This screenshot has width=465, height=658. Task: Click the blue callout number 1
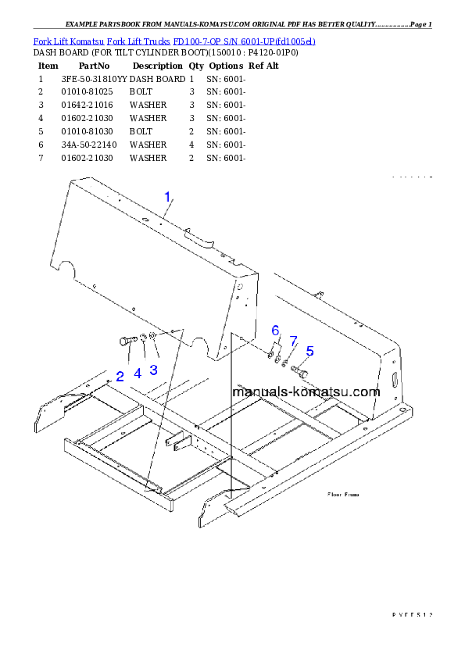pos(166,198)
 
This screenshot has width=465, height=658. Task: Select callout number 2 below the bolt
pos(120,376)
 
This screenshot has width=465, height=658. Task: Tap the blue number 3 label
pos(153,370)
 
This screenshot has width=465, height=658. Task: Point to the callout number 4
pos(138,374)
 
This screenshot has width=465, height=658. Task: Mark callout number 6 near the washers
pos(275,331)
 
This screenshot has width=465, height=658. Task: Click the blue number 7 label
pos(294,341)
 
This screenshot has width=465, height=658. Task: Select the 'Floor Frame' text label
pos(343,495)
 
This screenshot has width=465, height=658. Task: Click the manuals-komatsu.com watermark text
pos(306,392)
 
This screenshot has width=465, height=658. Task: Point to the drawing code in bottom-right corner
pos(411,615)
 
